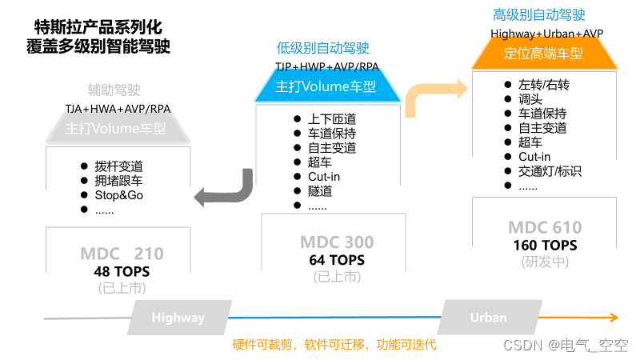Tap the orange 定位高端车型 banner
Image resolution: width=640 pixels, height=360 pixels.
(543, 54)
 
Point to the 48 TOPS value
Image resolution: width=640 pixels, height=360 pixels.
(122, 272)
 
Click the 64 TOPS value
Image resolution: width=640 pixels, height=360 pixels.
(337, 260)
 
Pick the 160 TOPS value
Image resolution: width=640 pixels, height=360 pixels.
(545, 246)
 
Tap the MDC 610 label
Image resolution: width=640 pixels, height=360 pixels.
(545, 228)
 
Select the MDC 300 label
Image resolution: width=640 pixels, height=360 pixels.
(337, 242)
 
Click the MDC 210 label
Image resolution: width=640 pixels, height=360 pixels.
(122, 254)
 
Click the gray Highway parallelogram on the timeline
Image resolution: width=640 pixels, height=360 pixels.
(178, 318)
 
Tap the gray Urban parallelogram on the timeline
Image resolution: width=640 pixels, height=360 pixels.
(487, 317)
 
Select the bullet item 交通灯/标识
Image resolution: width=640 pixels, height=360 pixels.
(550, 171)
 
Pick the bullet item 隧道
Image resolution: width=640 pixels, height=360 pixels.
(320, 191)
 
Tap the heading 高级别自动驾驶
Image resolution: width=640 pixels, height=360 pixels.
(538, 15)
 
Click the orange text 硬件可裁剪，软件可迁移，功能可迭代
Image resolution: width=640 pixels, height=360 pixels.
(334, 346)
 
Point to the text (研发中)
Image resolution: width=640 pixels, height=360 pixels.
(545, 262)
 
